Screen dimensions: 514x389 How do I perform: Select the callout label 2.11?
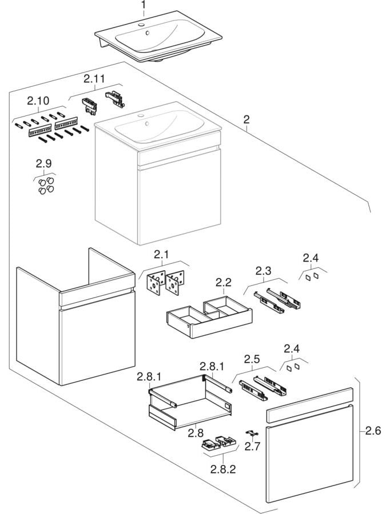coord(95,78)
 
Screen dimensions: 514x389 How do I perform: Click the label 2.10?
coord(38,101)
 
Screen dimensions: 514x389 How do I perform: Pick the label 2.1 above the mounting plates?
coord(161,254)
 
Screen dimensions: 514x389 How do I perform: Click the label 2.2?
coord(223,282)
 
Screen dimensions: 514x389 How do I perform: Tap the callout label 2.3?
coord(264,271)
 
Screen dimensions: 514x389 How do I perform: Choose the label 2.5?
coord(252,359)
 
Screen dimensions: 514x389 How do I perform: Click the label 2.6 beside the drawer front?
coord(374,431)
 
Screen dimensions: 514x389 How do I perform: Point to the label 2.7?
coord(252,446)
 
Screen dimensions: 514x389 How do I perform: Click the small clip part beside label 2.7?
coord(249,432)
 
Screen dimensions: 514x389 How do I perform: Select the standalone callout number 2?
coord(246,120)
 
